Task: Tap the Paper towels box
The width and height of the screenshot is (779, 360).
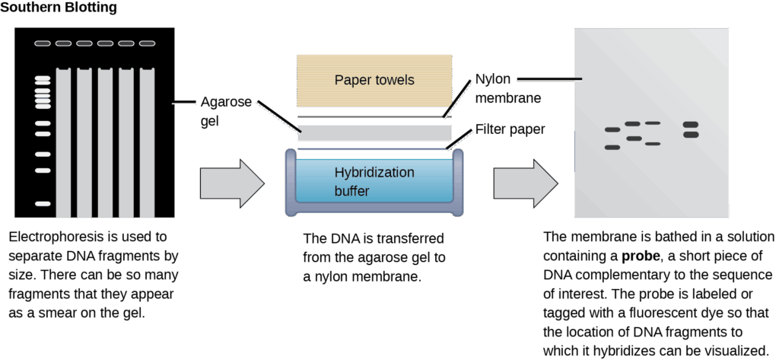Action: [374, 81]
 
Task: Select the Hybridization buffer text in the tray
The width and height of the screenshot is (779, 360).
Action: [374, 181]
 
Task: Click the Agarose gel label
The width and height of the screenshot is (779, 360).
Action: [221, 111]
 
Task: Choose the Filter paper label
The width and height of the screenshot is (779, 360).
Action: [510, 129]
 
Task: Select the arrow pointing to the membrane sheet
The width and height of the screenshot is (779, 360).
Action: [525, 183]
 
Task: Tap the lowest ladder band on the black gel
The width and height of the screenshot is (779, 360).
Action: [43, 203]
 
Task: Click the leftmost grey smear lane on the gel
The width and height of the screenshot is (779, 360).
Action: [63, 142]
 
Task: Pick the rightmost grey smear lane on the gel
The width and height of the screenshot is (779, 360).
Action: [147, 142]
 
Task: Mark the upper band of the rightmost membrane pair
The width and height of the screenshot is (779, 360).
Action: [690, 125]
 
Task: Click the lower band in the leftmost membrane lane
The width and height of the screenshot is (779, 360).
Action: [612, 148]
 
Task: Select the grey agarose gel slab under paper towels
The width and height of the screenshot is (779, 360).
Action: [374, 133]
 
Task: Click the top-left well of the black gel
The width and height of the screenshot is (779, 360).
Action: [43, 43]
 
